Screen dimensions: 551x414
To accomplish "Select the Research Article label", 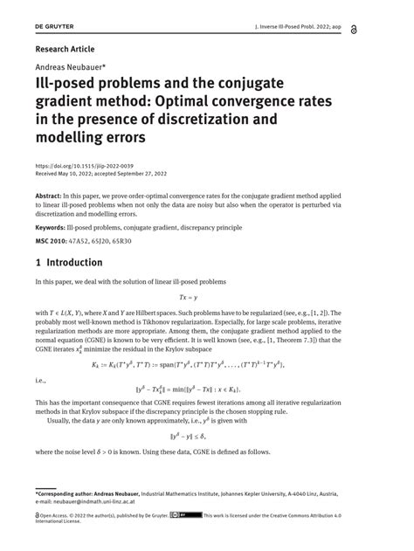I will tap(65, 50).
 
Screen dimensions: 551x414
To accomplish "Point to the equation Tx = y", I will tap(206, 297).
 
